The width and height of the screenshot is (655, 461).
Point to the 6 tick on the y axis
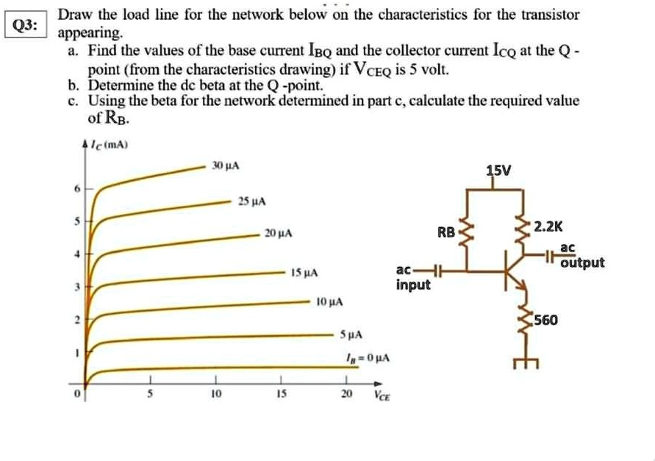pyautogui.click(x=76, y=188)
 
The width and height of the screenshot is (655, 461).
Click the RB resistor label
pyautogui.click(x=446, y=233)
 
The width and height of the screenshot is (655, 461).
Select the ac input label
pyautogui.click(x=412, y=279)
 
